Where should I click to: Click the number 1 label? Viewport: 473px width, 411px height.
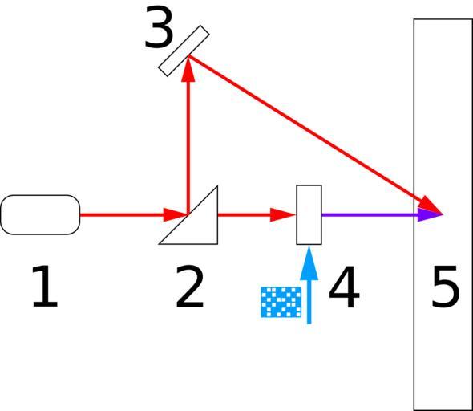click(45, 287)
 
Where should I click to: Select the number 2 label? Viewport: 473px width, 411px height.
click(190, 287)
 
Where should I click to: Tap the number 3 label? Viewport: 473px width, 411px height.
click(159, 27)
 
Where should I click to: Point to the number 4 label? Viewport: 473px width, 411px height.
click(344, 287)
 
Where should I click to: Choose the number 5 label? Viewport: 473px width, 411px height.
click(446, 287)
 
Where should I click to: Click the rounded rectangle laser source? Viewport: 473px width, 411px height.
click(40, 214)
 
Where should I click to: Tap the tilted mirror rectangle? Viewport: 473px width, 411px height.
click(184, 51)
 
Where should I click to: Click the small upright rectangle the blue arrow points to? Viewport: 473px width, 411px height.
click(309, 214)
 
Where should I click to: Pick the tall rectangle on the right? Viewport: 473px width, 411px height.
click(443, 214)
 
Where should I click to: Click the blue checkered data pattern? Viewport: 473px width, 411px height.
click(281, 302)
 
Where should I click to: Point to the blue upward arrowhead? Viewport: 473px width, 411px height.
click(309, 262)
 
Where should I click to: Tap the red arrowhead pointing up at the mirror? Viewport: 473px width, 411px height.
click(188, 69)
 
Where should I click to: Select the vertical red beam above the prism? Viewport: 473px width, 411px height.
click(188, 136)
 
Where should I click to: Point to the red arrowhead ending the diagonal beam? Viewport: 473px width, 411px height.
click(431, 206)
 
